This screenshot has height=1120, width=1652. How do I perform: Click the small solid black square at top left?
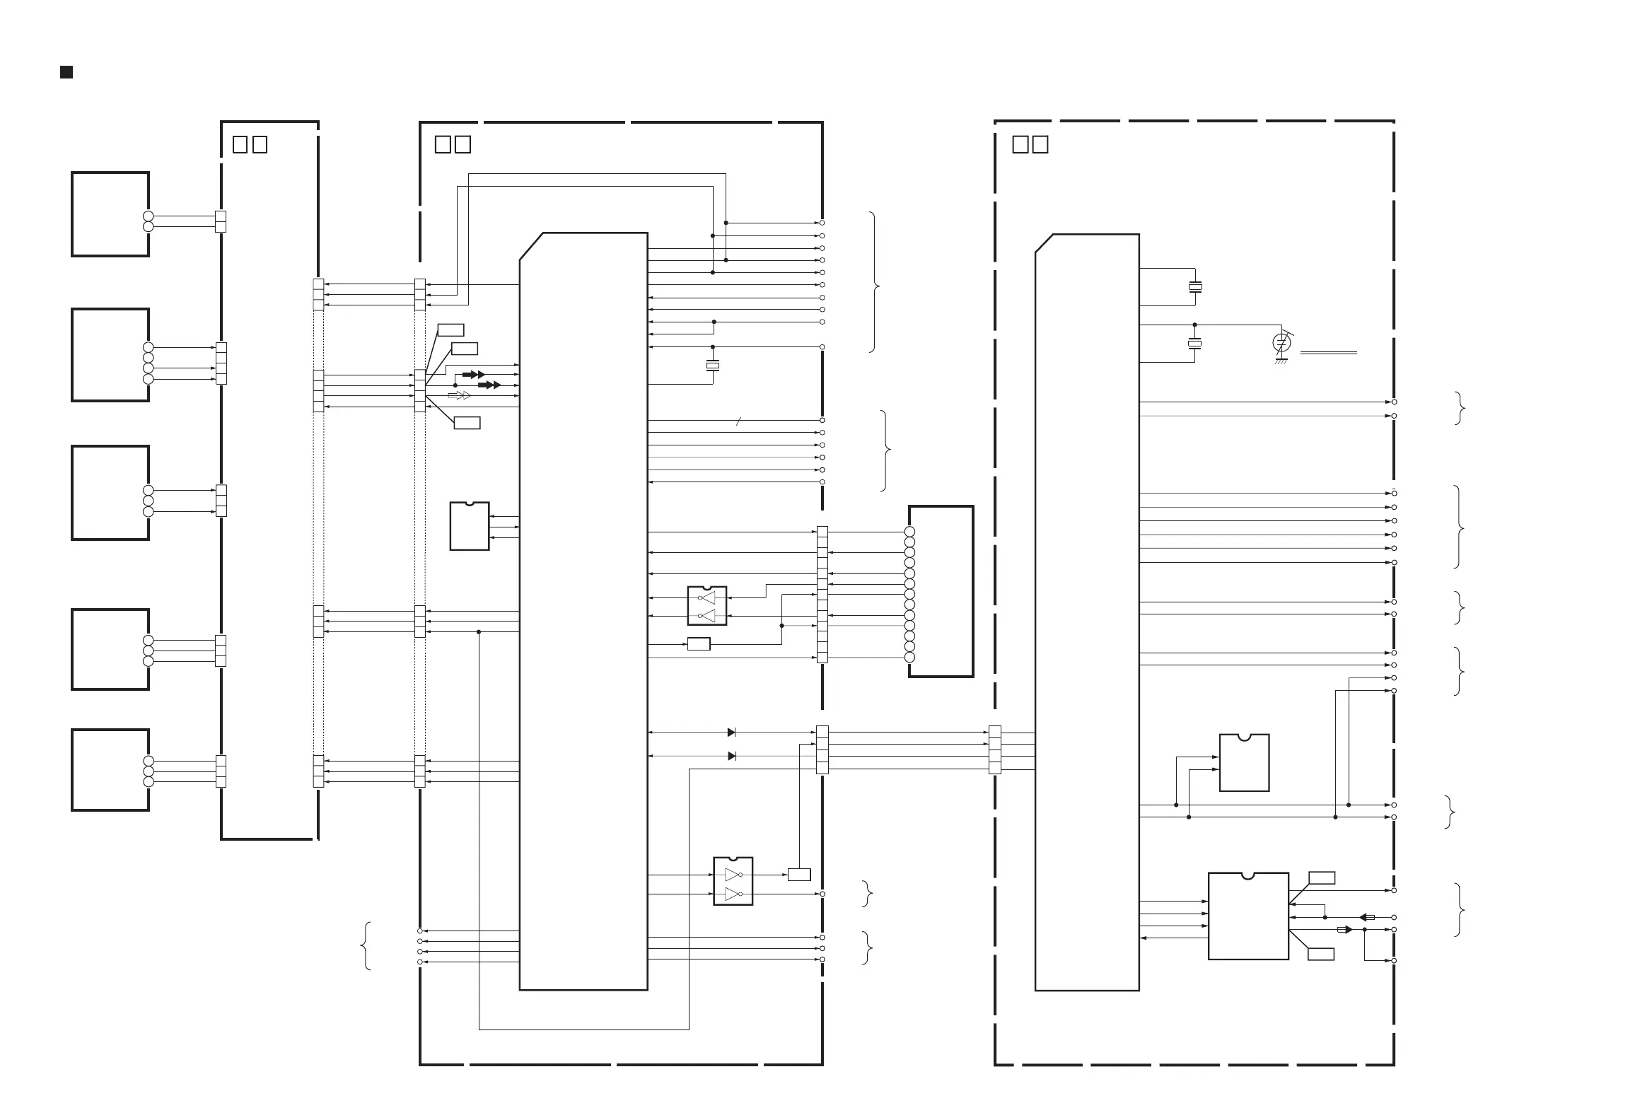click(66, 72)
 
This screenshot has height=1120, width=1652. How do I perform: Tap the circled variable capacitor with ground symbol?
click(1281, 344)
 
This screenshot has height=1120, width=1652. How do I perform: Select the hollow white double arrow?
click(459, 395)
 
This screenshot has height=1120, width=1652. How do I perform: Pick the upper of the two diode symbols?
click(731, 732)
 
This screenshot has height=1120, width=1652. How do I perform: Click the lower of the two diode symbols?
click(732, 756)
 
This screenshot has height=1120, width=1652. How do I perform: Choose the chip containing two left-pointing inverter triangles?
click(706, 605)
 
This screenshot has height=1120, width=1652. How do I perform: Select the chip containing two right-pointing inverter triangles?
click(733, 881)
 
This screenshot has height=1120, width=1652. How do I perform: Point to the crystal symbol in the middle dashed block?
click(712, 366)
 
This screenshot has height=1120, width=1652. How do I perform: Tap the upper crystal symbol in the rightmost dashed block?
click(1195, 287)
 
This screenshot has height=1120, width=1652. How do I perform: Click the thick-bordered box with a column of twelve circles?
click(941, 591)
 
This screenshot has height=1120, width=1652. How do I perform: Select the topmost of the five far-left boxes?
click(110, 214)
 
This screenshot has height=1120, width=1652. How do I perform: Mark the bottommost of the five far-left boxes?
click(110, 769)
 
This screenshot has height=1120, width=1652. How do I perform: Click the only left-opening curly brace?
click(367, 946)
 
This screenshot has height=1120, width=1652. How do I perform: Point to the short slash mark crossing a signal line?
click(738, 421)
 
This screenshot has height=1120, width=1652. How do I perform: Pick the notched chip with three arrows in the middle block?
click(469, 527)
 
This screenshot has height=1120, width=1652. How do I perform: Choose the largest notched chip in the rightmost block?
click(1248, 916)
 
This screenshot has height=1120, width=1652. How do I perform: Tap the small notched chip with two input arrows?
click(1244, 762)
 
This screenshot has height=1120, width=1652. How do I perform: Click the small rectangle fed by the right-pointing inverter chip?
click(799, 874)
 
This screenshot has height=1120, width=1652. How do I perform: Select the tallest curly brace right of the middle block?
click(874, 282)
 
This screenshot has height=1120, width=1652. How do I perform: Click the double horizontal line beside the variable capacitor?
click(1328, 353)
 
